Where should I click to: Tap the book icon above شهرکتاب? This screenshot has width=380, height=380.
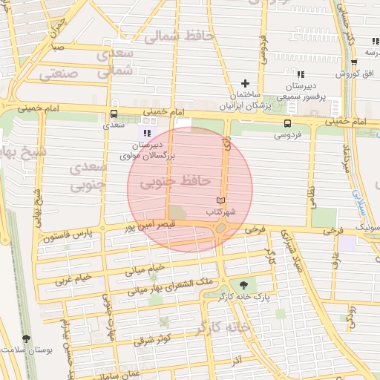(220, 201)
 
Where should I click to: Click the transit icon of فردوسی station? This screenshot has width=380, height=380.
(287, 124)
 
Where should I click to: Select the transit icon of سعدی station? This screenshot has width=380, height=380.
(114, 114)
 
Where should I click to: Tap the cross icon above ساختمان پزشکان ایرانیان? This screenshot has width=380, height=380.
(245, 83)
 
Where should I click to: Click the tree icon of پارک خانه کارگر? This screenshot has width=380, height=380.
(243, 284)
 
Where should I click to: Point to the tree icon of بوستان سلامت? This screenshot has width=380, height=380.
(27, 338)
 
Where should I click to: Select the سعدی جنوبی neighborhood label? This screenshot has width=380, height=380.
(88, 177)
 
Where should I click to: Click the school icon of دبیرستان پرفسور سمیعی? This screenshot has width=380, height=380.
(300, 75)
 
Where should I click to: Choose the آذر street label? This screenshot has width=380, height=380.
(236, 360)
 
